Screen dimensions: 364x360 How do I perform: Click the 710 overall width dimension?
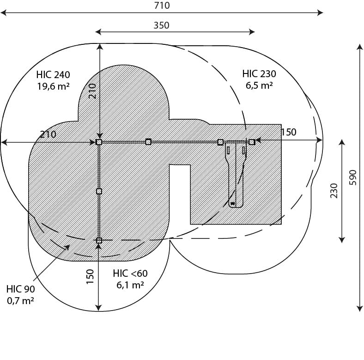[162, 6]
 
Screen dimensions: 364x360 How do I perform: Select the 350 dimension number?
[161, 25]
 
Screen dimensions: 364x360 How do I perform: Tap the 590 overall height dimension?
[352, 177]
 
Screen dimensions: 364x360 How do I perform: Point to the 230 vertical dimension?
[334, 190]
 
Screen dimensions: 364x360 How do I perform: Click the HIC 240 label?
[53, 75]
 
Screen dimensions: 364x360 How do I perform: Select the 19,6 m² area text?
[53, 86]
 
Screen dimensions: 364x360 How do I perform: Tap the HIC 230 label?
[259, 74]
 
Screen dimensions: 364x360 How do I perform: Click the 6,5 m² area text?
[259, 85]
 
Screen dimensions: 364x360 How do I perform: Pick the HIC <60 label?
[130, 274]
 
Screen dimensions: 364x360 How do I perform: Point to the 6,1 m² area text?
[130, 285]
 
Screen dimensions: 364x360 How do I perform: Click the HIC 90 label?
[21, 289]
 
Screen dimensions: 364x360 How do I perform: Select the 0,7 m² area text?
[20, 301]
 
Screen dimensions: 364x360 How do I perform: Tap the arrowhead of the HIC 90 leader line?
[68, 246]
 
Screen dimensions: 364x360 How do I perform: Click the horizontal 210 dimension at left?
[48, 134]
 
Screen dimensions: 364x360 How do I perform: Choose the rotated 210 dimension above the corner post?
[92, 92]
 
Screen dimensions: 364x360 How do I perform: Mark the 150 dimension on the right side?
[289, 132]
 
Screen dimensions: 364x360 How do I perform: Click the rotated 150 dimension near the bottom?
[90, 276]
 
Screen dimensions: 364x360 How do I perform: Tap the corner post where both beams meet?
[99, 142]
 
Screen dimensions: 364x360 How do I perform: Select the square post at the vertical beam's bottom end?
[99, 240]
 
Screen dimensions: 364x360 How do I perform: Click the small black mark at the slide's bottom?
[233, 204]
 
